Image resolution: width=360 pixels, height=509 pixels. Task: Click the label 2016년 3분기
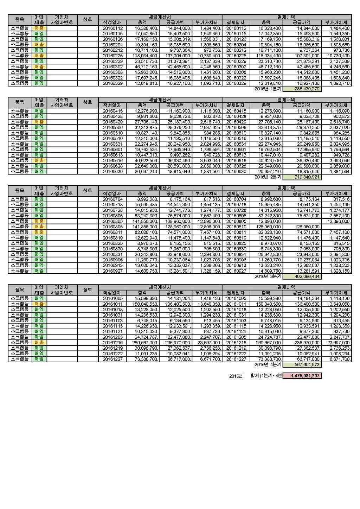pyautogui.click(x=268, y=277)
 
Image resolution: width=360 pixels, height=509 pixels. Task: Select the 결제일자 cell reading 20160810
pyautogui.click(x=236, y=227)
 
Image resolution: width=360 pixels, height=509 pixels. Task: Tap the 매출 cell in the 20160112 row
pyautogui.click(x=39, y=28)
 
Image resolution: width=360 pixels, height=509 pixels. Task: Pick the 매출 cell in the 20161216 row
pyautogui.click(x=39, y=342)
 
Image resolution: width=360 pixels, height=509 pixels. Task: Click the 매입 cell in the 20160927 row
pyautogui.click(x=39, y=271)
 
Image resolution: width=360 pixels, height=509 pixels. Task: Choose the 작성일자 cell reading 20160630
pyautogui.click(x=112, y=172)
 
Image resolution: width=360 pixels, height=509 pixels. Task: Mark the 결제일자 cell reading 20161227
pyautogui.click(x=236, y=359)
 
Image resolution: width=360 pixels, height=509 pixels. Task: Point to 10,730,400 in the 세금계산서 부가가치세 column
pyautogui.click(x=209, y=56)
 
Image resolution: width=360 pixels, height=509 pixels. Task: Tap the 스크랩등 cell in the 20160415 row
pyautogui.click(x=20, y=111)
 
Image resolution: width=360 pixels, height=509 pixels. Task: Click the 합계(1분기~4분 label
pyautogui.click(x=266, y=376)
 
